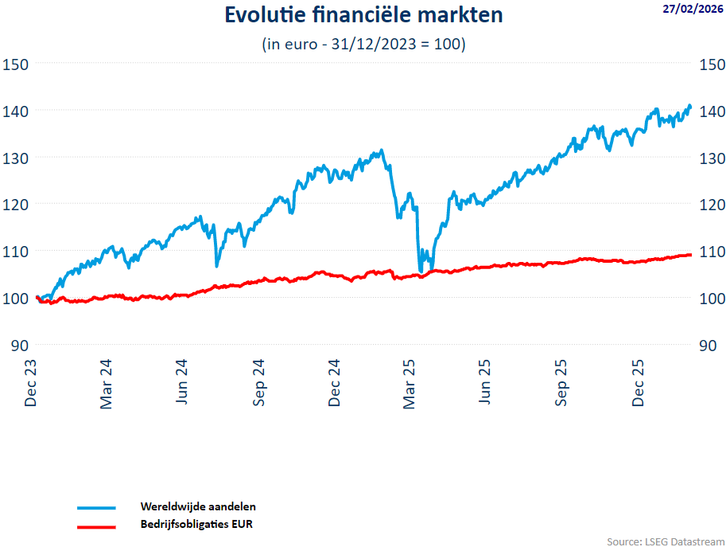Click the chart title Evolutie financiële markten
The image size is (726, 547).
[x=363, y=15]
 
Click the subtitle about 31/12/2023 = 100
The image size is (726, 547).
[x=363, y=45]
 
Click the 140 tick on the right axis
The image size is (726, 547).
[x=711, y=111]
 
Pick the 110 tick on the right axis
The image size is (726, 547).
[x=711, y=252]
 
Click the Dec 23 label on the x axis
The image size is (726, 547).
[x=31, y=385]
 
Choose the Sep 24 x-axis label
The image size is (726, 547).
[x=259, y=385]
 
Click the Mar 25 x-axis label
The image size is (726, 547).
[x=410, y=385]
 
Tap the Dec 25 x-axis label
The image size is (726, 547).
[x=639, y=385]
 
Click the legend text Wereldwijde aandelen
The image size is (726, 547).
[x=198, y=506]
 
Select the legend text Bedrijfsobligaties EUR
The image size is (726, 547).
[x=196, y=525]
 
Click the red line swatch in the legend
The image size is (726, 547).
[x=96, y=526]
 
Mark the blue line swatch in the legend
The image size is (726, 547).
[x=96, y=508]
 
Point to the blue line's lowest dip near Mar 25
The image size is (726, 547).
[x=420, y=271]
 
